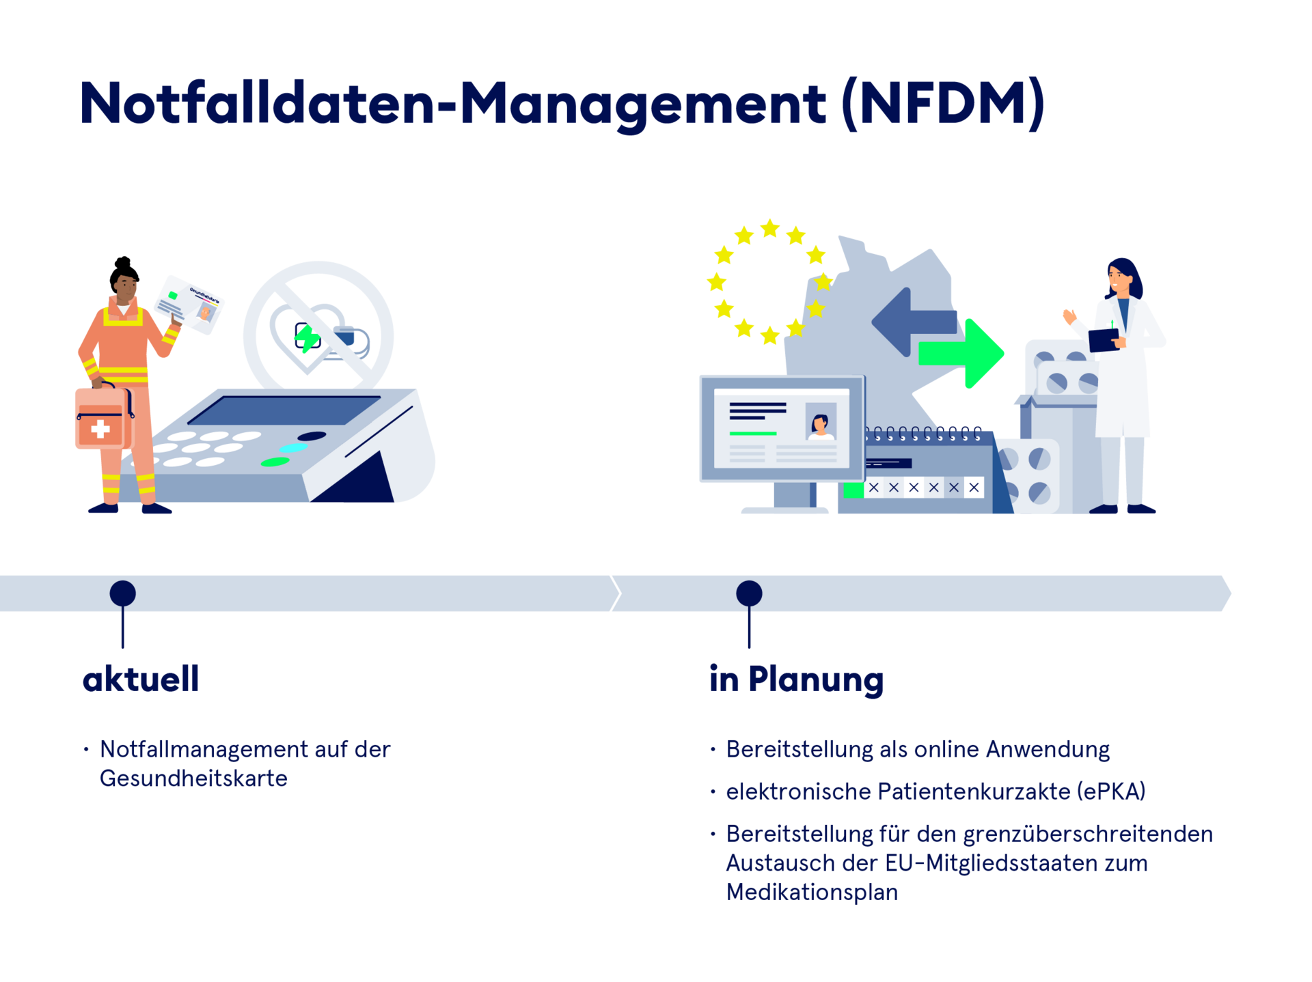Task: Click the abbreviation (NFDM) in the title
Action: click(x=943, y=104)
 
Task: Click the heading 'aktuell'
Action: click(x=141, y=679)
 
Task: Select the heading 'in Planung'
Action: click(x=796, y=680)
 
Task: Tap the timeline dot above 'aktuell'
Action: click(x=123, y=593)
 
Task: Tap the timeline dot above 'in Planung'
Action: click(x=749, y=593)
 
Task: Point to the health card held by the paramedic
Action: click(x=189, y=305)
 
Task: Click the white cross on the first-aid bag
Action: click(x=100, y=429)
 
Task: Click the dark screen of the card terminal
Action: click(x=284, y=410)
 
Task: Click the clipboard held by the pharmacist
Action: click(x=1104, y=339)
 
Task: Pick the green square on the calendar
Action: click(x=853, y=489)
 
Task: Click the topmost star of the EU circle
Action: click(x=770, y=228)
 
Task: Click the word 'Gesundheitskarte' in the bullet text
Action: click(x=193, y=778)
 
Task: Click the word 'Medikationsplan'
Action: click(x=812, y=893)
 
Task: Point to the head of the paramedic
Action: click(x=126, y=287)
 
